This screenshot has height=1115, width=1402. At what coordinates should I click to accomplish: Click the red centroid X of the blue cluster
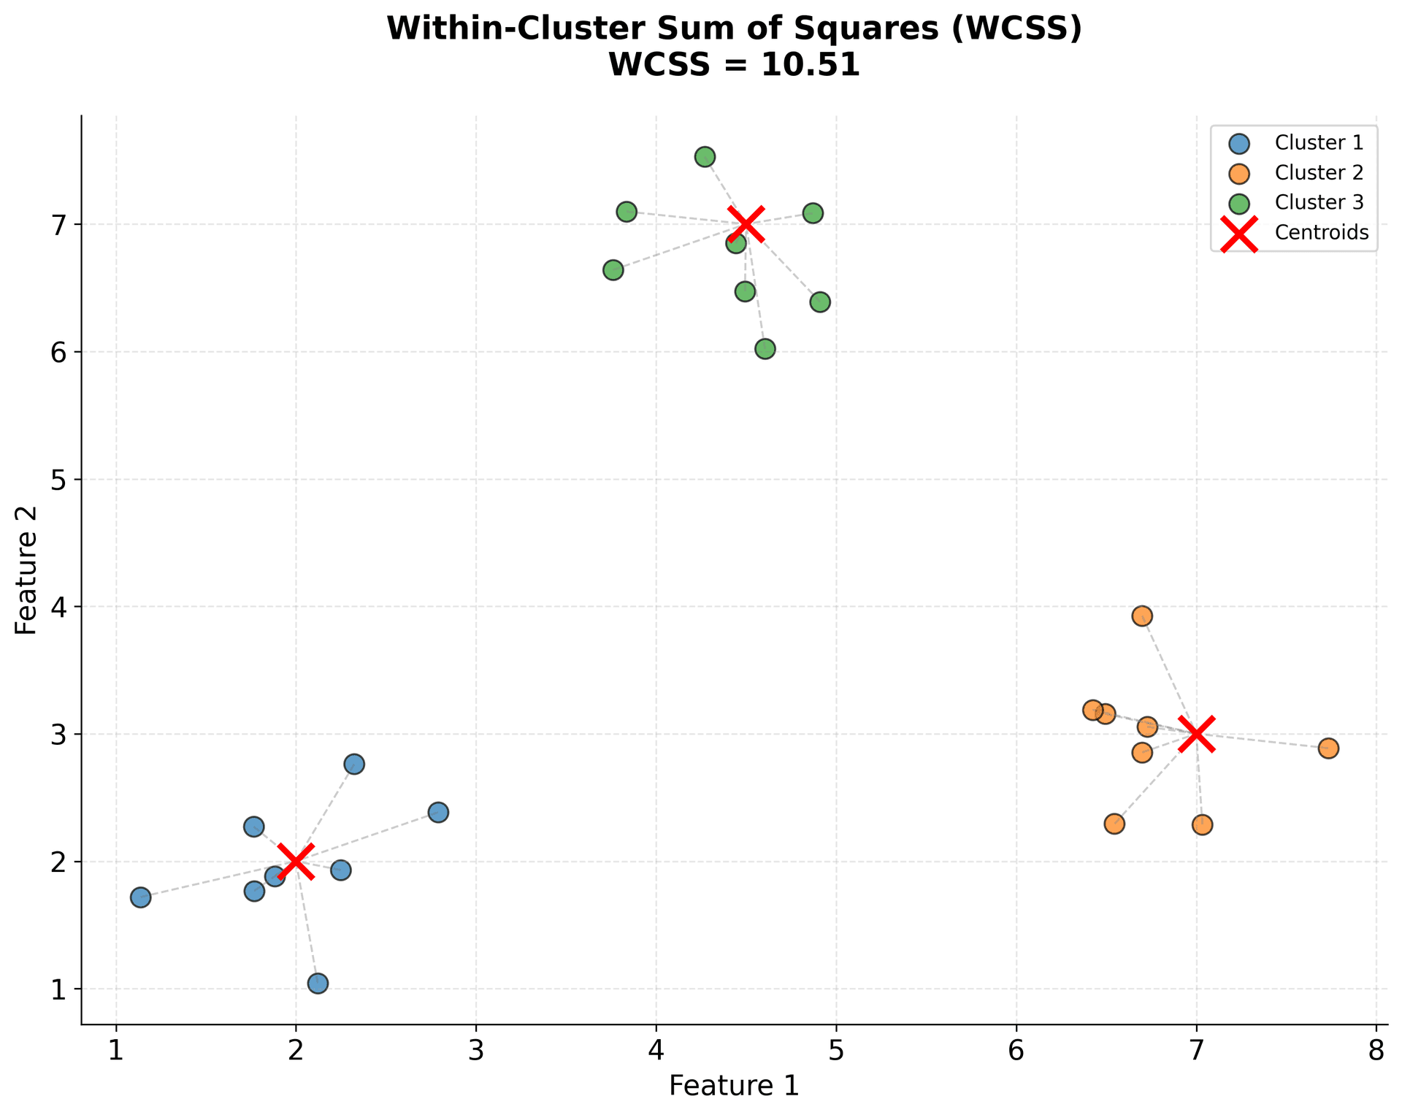pos(296,861)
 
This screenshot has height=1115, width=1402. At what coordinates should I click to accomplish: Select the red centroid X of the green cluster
pos(746,224)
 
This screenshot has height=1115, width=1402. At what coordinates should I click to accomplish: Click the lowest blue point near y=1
pos(318,984)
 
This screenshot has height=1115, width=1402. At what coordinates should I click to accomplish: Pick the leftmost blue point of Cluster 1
pos(140,897)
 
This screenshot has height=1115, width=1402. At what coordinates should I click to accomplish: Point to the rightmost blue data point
pos(438,812)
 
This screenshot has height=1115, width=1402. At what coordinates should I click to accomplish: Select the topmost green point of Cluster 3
pos(705,157)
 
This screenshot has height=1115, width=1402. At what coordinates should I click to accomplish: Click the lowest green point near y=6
pos(765,349)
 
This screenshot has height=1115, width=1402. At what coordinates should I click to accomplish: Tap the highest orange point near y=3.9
pos(1142,616)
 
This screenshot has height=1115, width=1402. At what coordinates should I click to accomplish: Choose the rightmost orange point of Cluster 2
pos(1328,748)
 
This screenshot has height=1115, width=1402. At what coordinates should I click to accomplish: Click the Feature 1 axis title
pos(734,1086)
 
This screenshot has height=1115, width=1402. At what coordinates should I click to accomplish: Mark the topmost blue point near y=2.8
pos(354,765)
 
